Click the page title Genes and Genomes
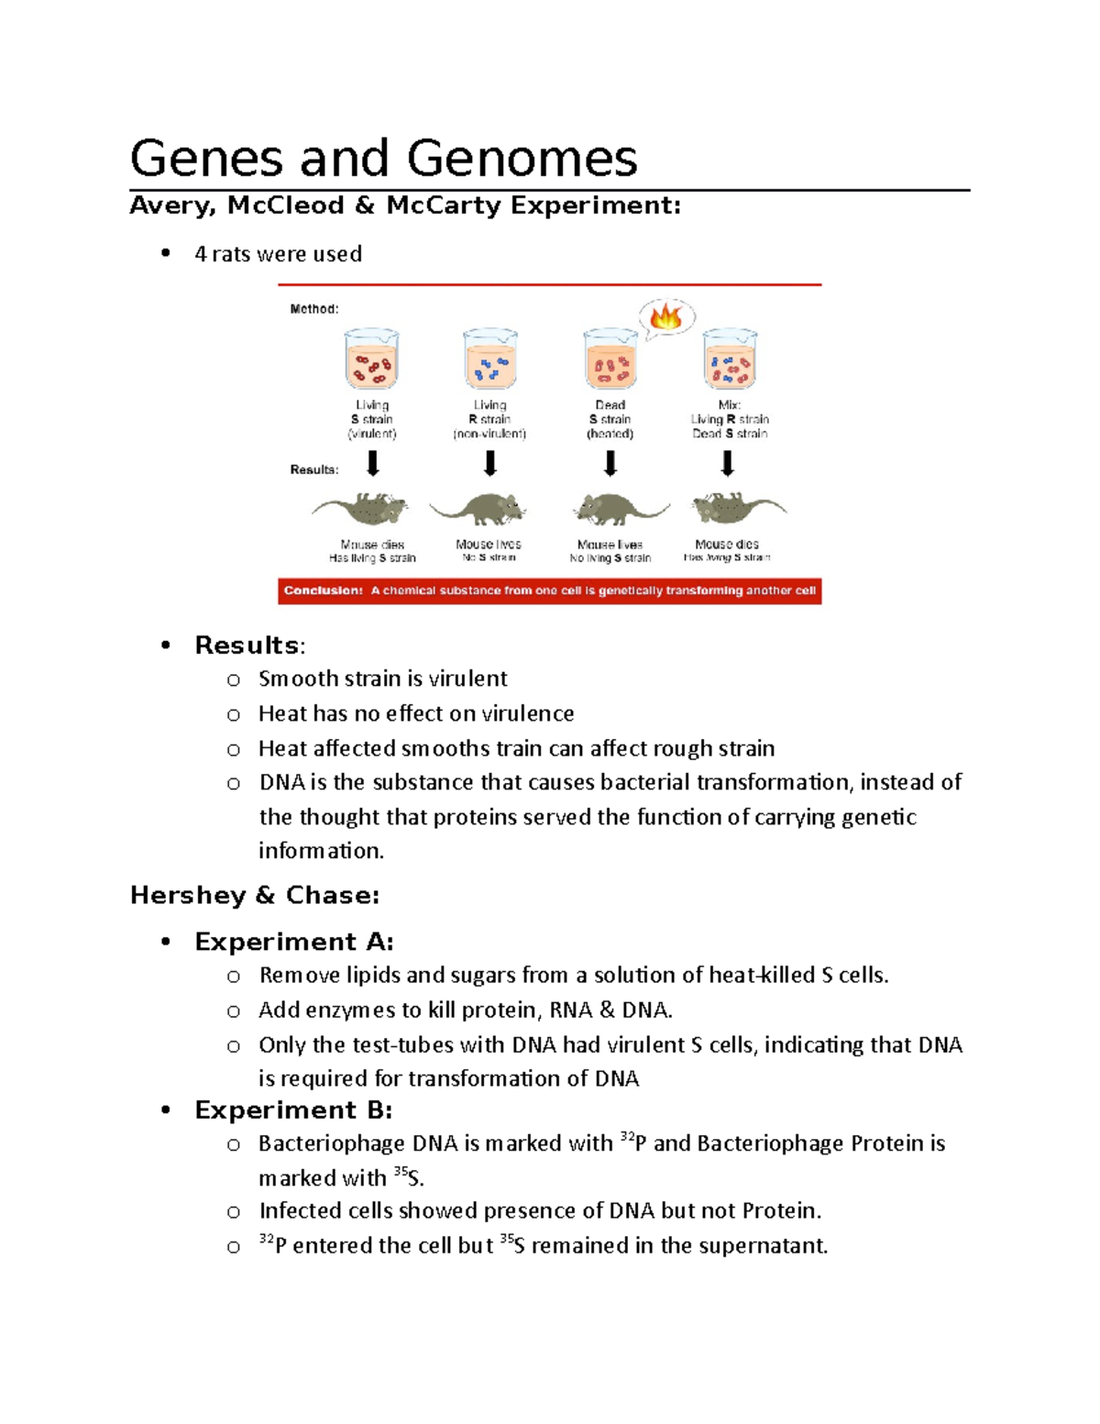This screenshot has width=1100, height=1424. tap(383, 158)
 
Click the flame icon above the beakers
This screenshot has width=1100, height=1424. tap(665, 318)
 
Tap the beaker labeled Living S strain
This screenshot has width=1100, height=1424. tap(371, 360)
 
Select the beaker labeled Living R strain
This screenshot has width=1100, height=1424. tap(490, 360)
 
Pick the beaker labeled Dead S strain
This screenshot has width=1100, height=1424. tap(610, 360)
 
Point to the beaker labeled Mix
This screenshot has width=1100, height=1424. tap(730, 360)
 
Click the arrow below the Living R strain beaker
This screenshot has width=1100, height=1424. tap(490, 464)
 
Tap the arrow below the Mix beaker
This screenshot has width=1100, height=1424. tap(728, 464)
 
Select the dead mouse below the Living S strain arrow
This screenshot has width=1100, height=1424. tap(361, 508)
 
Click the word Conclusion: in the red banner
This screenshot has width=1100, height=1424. tap(323, 591)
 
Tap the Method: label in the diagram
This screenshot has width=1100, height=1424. tap(314, 309)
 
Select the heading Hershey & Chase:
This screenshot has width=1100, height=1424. tap(255, 895)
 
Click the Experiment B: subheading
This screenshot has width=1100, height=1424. tap(293, 1110)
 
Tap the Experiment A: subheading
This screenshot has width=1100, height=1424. tap(293, 942)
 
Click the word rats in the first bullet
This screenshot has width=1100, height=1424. tap(232, 254)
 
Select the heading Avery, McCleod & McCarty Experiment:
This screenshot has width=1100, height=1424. tap(405, 205)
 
